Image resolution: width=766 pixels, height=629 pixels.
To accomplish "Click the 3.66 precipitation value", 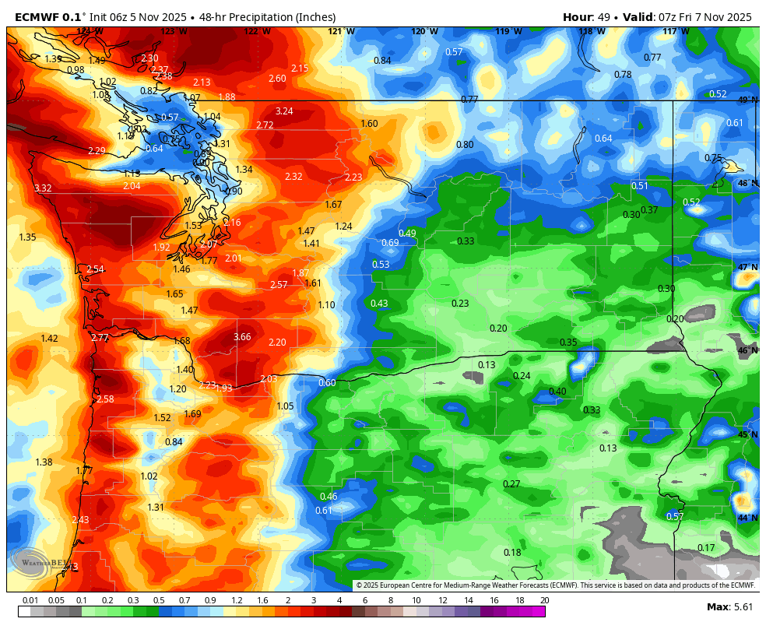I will tap(242, 337).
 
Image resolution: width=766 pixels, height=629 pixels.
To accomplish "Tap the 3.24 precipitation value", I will tap(284, 111).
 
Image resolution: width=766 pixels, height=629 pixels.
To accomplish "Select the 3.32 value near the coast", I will tap(43, 188).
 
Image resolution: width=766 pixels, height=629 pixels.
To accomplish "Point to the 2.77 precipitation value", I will tap(100, 338).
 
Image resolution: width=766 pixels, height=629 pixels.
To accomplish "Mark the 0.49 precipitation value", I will tap(407, 234).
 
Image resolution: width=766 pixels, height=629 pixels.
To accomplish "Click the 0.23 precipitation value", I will tap(460, 304).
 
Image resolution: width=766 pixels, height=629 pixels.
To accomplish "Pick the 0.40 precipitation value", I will tap(557, 392).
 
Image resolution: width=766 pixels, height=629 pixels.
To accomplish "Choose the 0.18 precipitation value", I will tap(512, 553).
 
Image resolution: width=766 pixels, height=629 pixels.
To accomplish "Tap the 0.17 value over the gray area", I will tap(706, 548).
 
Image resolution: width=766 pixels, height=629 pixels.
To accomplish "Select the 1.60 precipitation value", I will tap(369, 124).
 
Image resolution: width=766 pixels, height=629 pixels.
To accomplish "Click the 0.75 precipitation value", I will tap(713, 158).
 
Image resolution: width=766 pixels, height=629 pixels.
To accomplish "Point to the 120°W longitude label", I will tap(424, 32).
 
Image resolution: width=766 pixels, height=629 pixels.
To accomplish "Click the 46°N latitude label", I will tap(747, 351).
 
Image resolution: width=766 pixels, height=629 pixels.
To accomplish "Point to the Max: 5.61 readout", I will tap(729, 606).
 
